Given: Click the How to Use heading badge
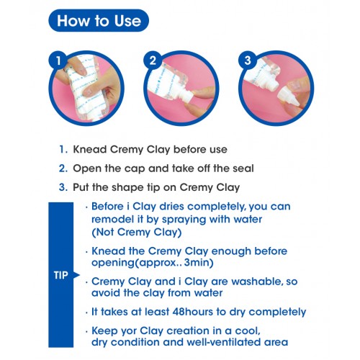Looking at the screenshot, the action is [99, 21].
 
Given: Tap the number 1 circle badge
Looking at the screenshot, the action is [58, 60].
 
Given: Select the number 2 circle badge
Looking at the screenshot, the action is [153, 60].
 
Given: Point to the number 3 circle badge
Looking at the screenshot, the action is [248, 60].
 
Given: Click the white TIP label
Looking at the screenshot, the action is [60, 275].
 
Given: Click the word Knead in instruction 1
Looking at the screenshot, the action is [90, 149].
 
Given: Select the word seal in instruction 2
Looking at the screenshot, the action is [243, 168].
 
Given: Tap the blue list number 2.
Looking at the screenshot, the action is [63, 168].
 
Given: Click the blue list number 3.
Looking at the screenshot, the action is [63, 187].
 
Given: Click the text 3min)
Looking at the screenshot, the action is [199, 263].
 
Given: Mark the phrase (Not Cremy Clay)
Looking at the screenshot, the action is [137, 233].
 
